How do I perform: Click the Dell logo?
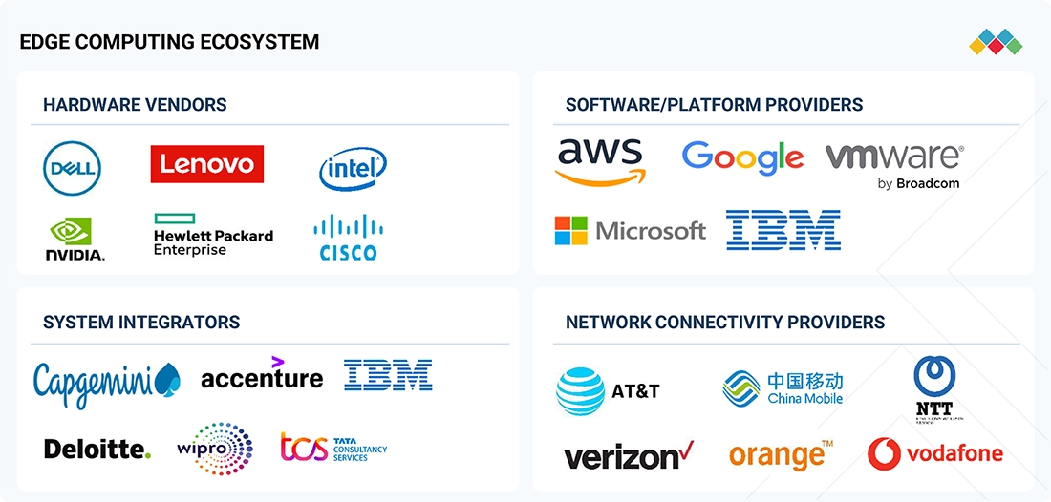pos(73,169)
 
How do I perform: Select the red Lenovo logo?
pos(206,164)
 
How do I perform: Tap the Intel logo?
pos(353,169)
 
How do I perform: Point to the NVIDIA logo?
pos(75,239)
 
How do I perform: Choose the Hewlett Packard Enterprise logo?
pos(213,236)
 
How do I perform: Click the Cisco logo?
pos(348,238)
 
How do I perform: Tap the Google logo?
pos(742,157)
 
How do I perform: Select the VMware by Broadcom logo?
pos(895,164)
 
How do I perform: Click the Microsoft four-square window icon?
pos(570,231)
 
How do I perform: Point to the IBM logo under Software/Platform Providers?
pos(783,230)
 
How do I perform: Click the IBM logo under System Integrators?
pos(388,375)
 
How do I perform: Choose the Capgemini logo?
pos(106,380)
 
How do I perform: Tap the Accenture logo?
pos(262,375)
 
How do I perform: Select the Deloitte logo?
pos(97,449)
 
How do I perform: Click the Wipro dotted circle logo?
pos(216,448)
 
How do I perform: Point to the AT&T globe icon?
pos(581,391)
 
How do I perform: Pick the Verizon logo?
pos(629,455)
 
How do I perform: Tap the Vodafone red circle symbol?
pos(885,453)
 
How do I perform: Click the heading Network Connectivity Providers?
pos(725,323)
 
